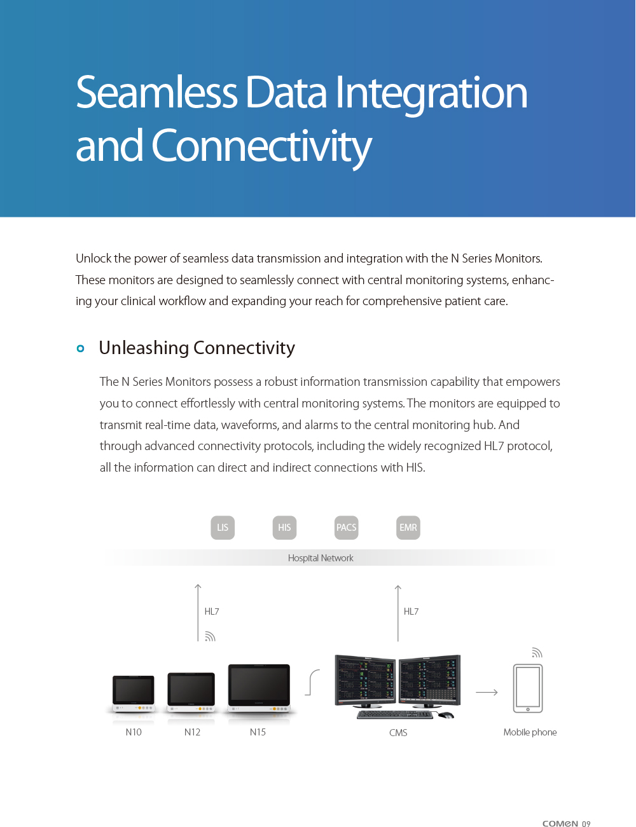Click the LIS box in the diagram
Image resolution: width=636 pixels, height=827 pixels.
coord(223,528)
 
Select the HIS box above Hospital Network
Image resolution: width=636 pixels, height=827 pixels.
coord(284,528)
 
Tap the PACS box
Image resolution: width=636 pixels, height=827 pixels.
coord(346,528)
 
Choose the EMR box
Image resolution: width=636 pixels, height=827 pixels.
coord(408,528)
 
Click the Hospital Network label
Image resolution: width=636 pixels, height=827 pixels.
coord(321,558)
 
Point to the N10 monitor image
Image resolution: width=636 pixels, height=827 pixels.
coord(134,695)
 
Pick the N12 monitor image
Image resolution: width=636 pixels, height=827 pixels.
coord(191,693)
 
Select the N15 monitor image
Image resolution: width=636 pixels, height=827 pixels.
coord(259,690)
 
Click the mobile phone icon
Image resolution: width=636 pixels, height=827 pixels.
coord(528,688)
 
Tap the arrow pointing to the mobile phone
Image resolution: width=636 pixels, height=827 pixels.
coord(487,692)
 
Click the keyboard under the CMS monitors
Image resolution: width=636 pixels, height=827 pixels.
coord(395,714)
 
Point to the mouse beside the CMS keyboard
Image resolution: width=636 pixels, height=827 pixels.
coord(446,715)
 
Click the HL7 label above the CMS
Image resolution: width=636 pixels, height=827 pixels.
coord(411,612)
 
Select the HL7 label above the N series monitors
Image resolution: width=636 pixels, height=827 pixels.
coord(212,612)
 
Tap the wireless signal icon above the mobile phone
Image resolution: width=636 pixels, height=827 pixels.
coord(537,653)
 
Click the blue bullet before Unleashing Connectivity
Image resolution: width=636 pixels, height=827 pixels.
coord(80,348)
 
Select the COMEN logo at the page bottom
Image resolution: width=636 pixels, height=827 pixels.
coord(560,823)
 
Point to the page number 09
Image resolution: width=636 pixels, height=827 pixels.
coord(586,824)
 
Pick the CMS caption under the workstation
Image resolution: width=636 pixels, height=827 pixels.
coord(398,733)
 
